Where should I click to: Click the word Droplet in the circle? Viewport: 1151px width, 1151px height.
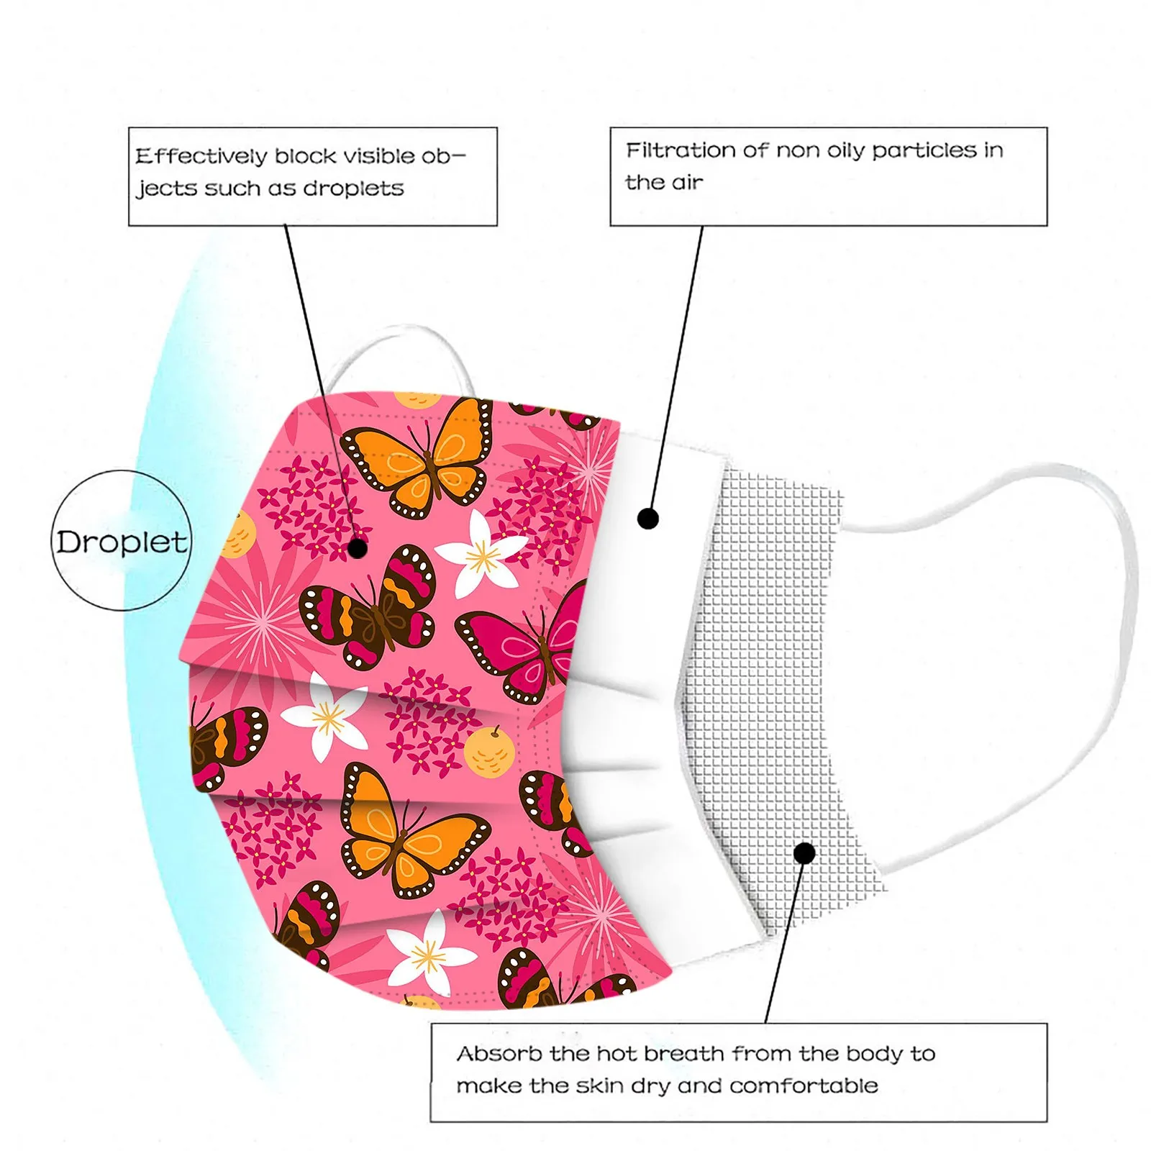[x=121, y=542]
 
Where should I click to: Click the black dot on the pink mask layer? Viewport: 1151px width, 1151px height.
[x=358, y=549]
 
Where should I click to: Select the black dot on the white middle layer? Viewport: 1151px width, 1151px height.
[x=648, y=518]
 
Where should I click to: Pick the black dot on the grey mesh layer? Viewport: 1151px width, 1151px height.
[x=805, y=854]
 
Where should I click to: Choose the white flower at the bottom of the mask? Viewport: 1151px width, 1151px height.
[x=429, y=955]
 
